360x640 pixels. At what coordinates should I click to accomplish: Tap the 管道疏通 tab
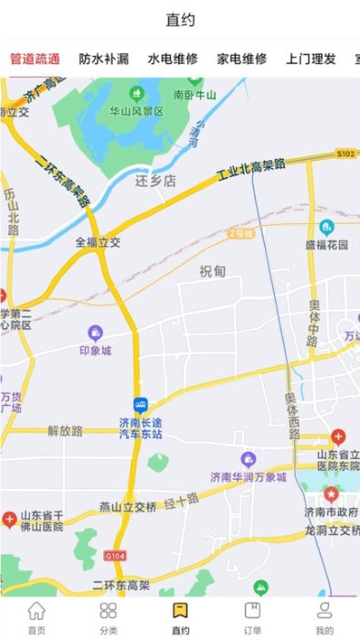[36, 59]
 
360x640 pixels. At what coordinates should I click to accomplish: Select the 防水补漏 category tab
[104, 59]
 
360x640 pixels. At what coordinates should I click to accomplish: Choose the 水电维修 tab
[173, 59]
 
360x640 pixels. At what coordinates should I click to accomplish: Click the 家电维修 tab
[242, 59]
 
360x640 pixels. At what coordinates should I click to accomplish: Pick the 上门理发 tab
[311, 59]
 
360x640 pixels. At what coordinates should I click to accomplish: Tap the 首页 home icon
[37, 611]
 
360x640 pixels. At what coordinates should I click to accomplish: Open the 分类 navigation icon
[109, 611]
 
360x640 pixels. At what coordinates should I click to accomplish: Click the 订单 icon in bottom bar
[252, 611]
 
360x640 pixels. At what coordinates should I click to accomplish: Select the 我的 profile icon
[324, 611]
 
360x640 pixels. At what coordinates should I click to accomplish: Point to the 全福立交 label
[98, 243]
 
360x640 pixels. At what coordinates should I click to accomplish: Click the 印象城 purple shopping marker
[95, 333]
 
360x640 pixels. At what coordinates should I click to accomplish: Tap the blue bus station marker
[141, 404]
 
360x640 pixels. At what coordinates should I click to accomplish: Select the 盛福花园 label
[327, 244]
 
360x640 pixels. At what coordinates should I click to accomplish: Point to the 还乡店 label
[154, 181]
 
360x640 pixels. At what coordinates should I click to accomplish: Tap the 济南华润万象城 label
[249, 476]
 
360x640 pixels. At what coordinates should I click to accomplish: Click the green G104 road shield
[115, 554]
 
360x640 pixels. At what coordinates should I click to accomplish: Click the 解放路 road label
[65, 430]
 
